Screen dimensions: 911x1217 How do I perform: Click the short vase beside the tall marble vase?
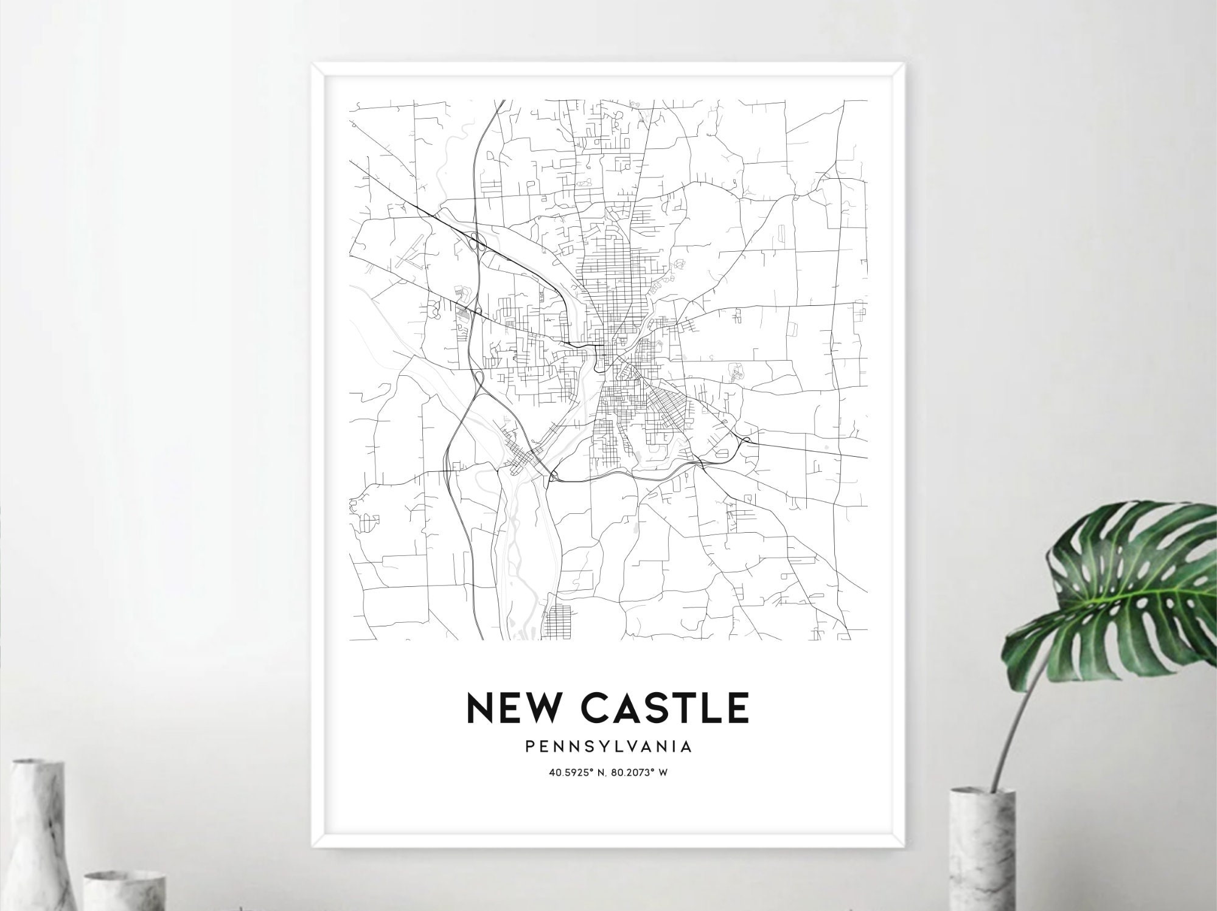point(125,891)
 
